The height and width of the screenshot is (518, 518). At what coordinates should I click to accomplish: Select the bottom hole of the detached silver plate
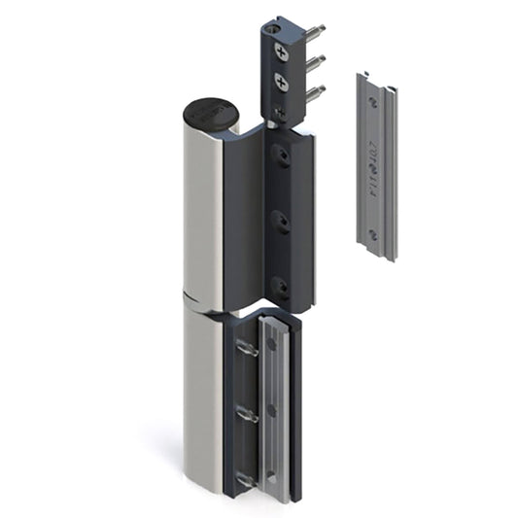372,234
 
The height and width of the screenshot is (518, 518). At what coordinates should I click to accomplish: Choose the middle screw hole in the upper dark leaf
280,221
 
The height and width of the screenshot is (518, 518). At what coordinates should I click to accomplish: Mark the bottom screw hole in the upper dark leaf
280,286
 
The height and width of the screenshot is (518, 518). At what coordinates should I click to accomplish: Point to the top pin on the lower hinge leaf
247,347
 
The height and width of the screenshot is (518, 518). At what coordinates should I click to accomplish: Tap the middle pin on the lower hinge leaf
247,413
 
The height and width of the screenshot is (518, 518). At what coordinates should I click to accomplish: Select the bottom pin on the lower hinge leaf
247,477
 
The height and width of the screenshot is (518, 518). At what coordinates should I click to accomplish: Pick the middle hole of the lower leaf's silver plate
271,410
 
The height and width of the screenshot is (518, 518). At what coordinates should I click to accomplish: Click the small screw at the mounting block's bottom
281,113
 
